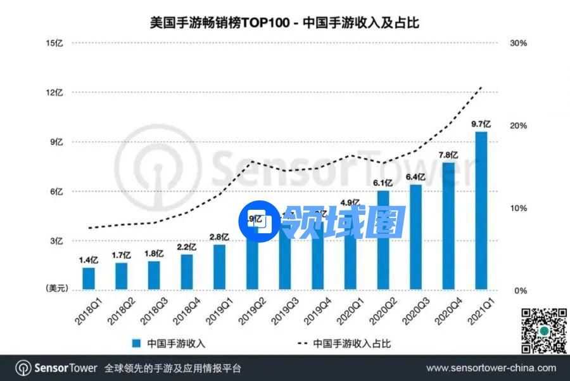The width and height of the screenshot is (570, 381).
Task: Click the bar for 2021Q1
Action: click(x=482, y=211)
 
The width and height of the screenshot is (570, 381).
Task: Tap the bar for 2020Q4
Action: click(x=449, y=226)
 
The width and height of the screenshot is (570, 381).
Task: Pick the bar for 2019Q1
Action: click(x=220, y=267)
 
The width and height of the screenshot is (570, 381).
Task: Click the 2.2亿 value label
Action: click(x=187, y=247)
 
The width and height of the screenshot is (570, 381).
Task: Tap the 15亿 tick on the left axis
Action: click(x=55, y=43)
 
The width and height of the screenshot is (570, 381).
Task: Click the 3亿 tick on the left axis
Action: click(x=57, y=241)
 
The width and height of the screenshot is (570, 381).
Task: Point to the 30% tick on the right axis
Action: click(x=519, y=43)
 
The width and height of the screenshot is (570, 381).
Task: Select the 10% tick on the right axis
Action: click(x=519, y=208)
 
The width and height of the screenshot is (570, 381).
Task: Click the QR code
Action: click(x=543, y=330)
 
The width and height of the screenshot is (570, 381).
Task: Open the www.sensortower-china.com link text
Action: click(x=491, y=368)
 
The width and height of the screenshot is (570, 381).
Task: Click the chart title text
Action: click(x=285, y=23)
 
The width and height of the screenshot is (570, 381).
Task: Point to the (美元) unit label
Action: click(x=56, y=289)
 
